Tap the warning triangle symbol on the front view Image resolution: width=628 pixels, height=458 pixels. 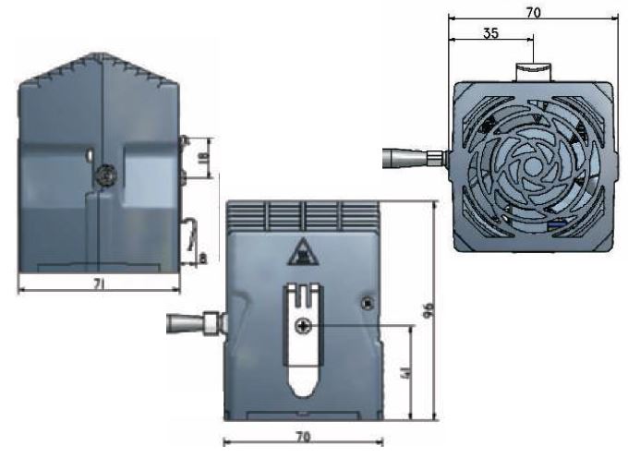pos(302,250)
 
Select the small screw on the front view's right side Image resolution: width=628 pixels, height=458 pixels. pos(368,303)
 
